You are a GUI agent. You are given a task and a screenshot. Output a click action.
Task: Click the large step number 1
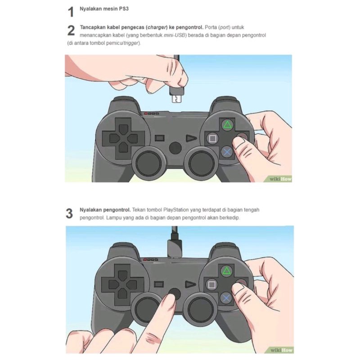(71, 12)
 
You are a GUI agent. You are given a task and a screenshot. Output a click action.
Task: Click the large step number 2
(71, 31)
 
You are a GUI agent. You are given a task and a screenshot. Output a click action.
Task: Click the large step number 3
(69, 213)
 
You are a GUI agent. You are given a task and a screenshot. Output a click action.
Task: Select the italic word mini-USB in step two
(175, 35)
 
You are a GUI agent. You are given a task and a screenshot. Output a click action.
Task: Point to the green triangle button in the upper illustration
(227, 125)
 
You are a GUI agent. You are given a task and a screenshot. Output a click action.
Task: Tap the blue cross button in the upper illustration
(227, 152)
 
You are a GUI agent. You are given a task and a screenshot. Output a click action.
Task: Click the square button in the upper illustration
(212, 139)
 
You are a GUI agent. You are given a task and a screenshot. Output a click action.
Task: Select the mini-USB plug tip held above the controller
(176, 99)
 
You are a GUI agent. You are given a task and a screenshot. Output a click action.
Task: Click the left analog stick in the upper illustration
(148, 163)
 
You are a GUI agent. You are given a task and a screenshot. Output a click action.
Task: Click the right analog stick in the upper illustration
(201, 163)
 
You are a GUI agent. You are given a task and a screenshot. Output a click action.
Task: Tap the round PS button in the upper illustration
(175, 148)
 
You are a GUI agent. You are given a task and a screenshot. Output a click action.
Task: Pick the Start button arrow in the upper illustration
(191, 138)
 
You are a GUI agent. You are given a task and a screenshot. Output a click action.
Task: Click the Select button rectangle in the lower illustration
(159, 284)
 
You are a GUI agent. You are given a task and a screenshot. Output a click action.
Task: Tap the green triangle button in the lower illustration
(227, 271)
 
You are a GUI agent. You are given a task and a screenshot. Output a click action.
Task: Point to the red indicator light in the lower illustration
(145, 260)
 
